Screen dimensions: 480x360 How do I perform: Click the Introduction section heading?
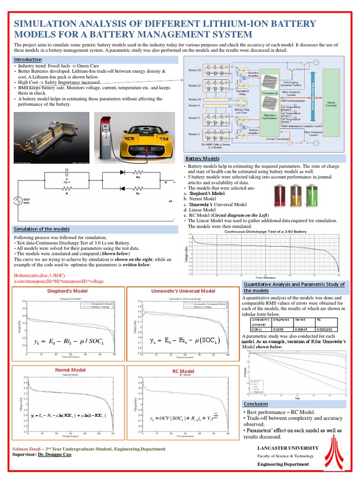point(28,60)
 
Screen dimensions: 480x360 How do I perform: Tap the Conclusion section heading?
point(256,404)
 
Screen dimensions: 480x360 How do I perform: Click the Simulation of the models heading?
point(42,229)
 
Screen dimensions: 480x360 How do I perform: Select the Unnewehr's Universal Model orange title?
point(183,291)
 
